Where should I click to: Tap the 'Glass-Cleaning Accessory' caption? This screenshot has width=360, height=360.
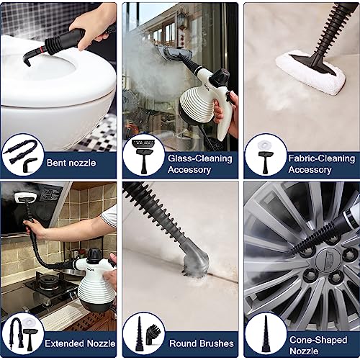[x=199, y=163]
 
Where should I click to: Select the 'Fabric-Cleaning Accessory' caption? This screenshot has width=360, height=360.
[x=319, y=163]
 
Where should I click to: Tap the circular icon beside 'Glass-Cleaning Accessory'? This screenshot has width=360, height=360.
[x=143, y=156]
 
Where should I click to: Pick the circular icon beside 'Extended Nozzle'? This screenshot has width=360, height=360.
[x=22, y=334]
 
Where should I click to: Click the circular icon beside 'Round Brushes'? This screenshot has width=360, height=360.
[x=143, y=334]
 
